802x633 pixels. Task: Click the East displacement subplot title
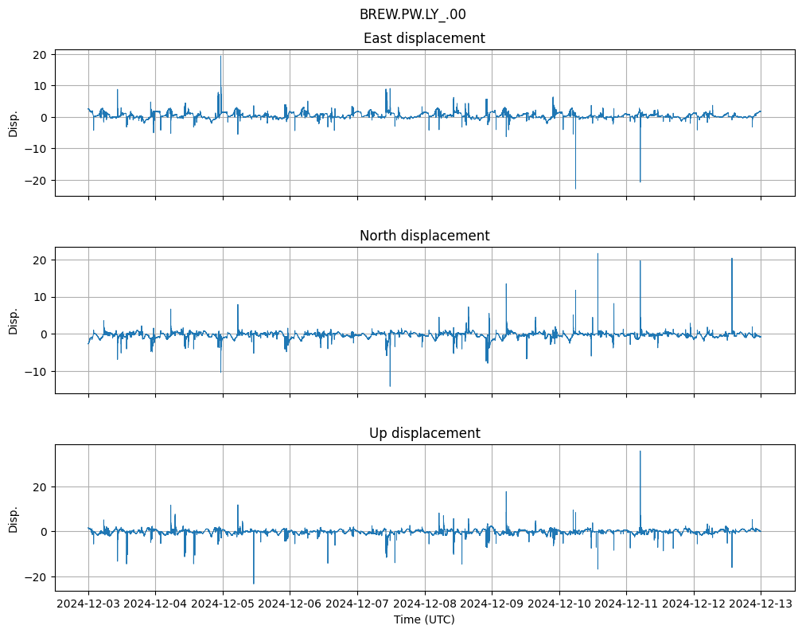tap(424, 38)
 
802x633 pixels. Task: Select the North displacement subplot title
tap(424, 236)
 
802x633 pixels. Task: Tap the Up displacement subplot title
tap(424, 433)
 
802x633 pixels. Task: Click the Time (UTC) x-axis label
tap(424, 619)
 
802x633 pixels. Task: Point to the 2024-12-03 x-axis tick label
tap(88, 604)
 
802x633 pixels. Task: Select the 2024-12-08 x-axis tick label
tap(425, 604)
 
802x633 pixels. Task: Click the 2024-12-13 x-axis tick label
tap(761, 604)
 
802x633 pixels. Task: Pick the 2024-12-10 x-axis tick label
tap(559, 604)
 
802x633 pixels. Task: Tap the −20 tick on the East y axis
tap(36, 181)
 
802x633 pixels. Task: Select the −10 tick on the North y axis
tap(36, 371)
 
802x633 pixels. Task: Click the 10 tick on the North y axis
tap(39, 297)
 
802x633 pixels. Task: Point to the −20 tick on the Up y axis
tap(36, 576)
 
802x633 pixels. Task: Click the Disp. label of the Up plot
tap(14, 518)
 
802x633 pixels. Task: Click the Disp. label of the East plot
tap(14, 123)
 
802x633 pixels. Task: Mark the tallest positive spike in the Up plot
tap(640, 451)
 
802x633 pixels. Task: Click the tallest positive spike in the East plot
tap(220, 56)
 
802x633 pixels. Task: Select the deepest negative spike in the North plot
tap(390, 386)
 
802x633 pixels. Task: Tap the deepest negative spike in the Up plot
tap(254, 583)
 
